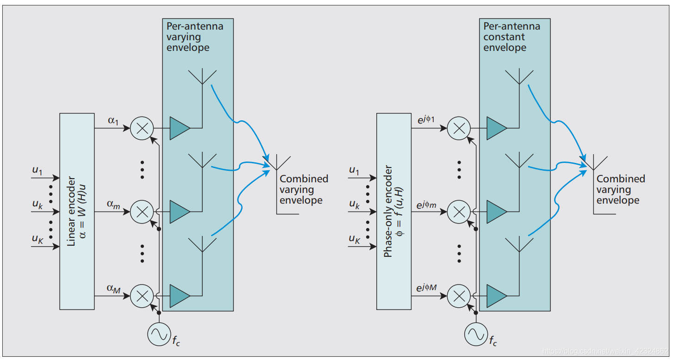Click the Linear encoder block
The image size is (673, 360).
pyautogui.click(x=77, y=211)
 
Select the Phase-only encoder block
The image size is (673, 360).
pyautogui.click(x=393, y=211)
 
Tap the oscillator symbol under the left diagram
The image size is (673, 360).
pyautogui.click(x=159, y=334)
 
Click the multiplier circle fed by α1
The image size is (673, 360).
pyautogui.click(x=142, y=128)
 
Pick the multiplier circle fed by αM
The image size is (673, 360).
pyautogui.click(x=142, y=295)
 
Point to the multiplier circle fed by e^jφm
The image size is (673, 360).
pyautogui.click(x=459, y=211)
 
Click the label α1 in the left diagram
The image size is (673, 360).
pyautogui.click(x=113, y=120)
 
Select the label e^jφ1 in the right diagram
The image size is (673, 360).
pyautogui.click(x=426, y=119)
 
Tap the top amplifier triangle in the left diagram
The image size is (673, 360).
pyautogui.click(x=180, y=128)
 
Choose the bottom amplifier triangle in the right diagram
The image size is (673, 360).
pyautogui.click(x=497, y=295)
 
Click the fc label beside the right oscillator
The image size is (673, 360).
pyautogui.click(x=493, y=342)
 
